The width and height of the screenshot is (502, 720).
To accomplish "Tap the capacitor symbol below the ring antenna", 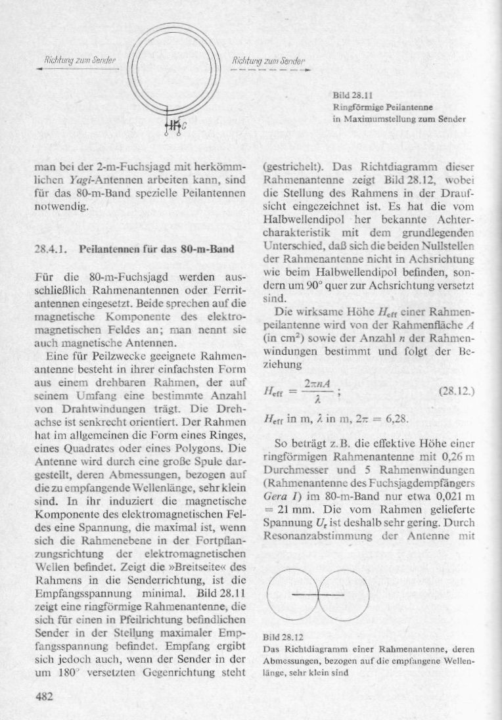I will coord(173,124).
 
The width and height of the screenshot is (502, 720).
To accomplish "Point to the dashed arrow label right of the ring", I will coord(263,61).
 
